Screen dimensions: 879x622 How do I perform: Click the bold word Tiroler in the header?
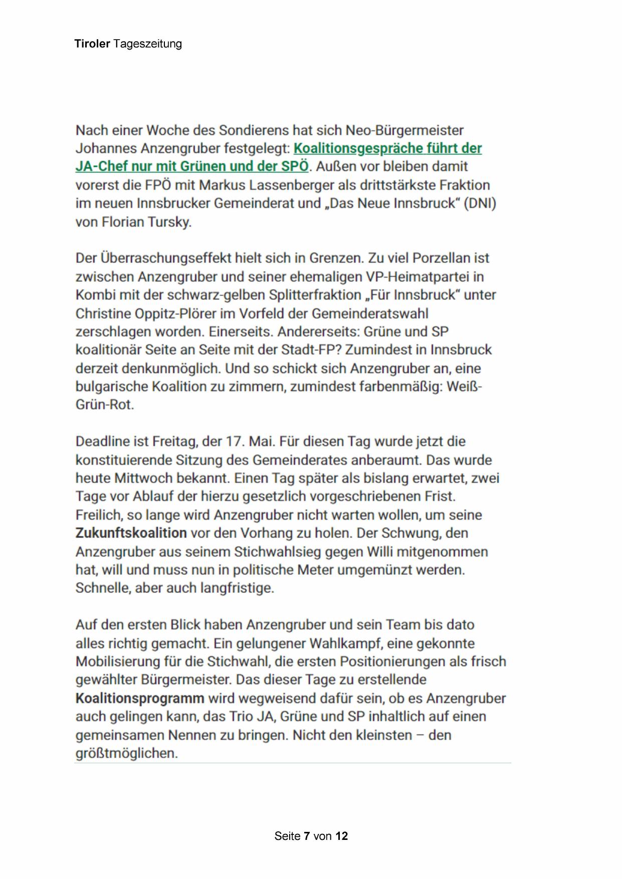92,44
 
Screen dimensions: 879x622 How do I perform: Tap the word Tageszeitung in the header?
147,44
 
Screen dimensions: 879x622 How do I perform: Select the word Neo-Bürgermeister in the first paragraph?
405,130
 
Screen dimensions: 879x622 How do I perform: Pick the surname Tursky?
169,222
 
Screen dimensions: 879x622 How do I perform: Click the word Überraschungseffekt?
166,258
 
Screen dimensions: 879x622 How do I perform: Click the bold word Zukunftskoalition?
131,533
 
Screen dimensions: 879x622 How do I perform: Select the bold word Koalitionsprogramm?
140,698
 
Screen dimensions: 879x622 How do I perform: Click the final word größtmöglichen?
127,753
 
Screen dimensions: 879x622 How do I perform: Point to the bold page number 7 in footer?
307,836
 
